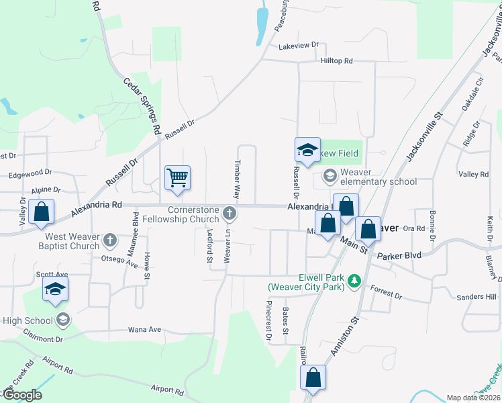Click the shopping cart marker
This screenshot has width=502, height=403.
click(x=178, y=178)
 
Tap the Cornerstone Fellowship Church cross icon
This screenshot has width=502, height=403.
click(x=230, y=214)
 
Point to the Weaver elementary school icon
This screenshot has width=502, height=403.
click(x=330, y=176)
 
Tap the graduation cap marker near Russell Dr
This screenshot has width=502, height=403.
click(x=307, y=150)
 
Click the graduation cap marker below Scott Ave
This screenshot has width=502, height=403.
click(x=55, y=290)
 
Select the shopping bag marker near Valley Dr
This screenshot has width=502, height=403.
click(x=42, y=212)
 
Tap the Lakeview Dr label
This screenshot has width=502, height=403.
click(x=299, y=45)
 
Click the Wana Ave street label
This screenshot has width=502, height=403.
click(x=145, y=330)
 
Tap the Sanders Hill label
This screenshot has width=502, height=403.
click(x=476, y=297)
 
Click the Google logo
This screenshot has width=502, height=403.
click(x=21, y=395)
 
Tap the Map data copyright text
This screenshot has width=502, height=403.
click(x=473, y=398)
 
